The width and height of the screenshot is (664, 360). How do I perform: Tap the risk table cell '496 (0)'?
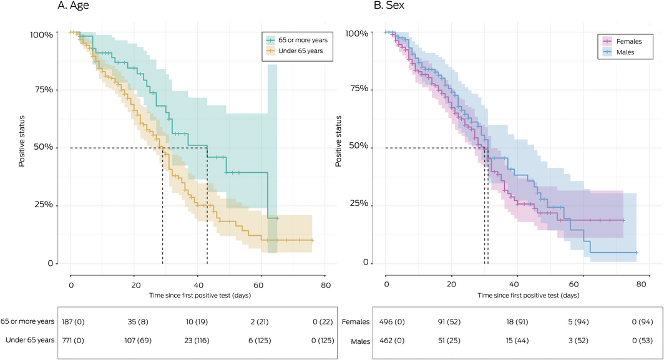[389, 323]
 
